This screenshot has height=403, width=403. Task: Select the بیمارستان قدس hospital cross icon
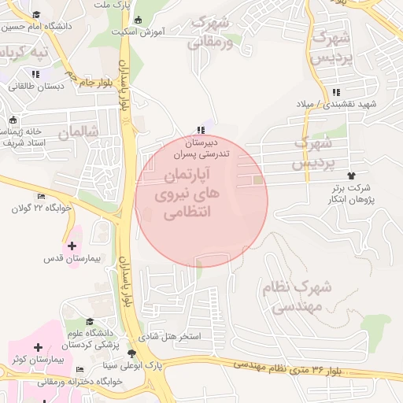pyautogui.click(x=72, y=246)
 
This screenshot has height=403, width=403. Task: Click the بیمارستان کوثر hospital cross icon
pyautogui.click(x=38, y=347)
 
